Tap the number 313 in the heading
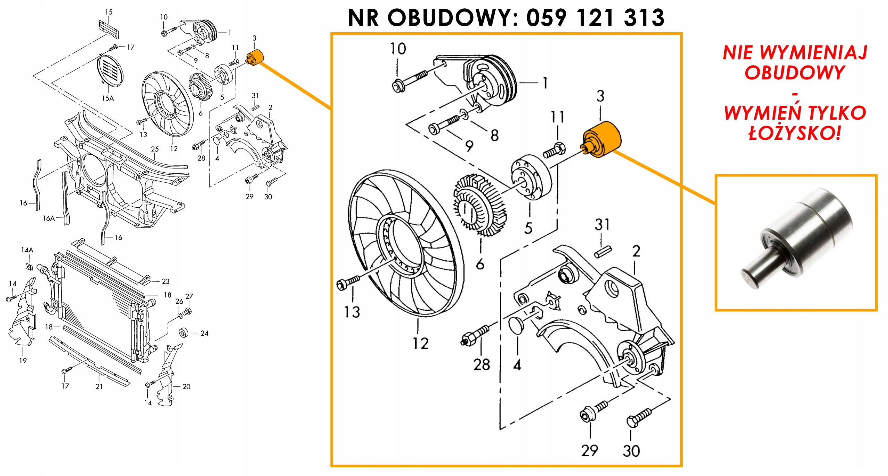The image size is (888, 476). coord(644,18)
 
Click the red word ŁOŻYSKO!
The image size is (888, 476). coord(794,132)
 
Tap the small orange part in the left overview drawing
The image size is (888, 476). coord(256,58)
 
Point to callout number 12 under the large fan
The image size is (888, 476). coord(420,344)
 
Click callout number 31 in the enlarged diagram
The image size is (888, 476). coord(602,225)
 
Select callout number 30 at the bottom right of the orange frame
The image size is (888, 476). coord(631,451)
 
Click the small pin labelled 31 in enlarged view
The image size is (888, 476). coord(603,252)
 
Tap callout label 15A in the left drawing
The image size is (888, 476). coord(108,98)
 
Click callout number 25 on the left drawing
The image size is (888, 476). coord(155,149)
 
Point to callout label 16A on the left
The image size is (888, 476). coord(49,218)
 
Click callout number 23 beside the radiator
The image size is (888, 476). coord(166,282)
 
